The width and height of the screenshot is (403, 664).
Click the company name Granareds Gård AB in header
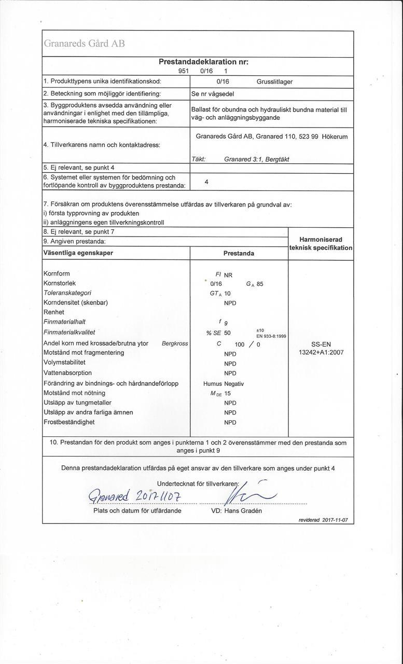[x=85, y=44]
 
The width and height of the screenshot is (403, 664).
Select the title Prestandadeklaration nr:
[x=203, y=62]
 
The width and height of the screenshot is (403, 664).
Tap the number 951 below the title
[x=183, y=71]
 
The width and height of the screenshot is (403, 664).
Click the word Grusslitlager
[x=274, y=81]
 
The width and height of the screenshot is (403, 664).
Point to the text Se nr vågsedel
[x=212, y=94]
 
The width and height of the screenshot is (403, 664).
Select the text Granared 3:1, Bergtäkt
[x=256, y=159]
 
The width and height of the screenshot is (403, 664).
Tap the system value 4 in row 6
[x=206, y=182]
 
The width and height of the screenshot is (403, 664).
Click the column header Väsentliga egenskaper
[x=78, y=253]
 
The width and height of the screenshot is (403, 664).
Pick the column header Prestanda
[x=239, y=254]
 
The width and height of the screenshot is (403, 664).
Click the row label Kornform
[x=57, y=273]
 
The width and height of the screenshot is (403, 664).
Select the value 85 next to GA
[x=260, y=284]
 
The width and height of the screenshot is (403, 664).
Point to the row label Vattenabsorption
[x=67, y=372]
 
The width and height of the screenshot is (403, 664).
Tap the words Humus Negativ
[x=224, y=384]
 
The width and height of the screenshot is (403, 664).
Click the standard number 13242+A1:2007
[x=321, y=353]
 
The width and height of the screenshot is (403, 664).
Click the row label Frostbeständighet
[x=69, y=422]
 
